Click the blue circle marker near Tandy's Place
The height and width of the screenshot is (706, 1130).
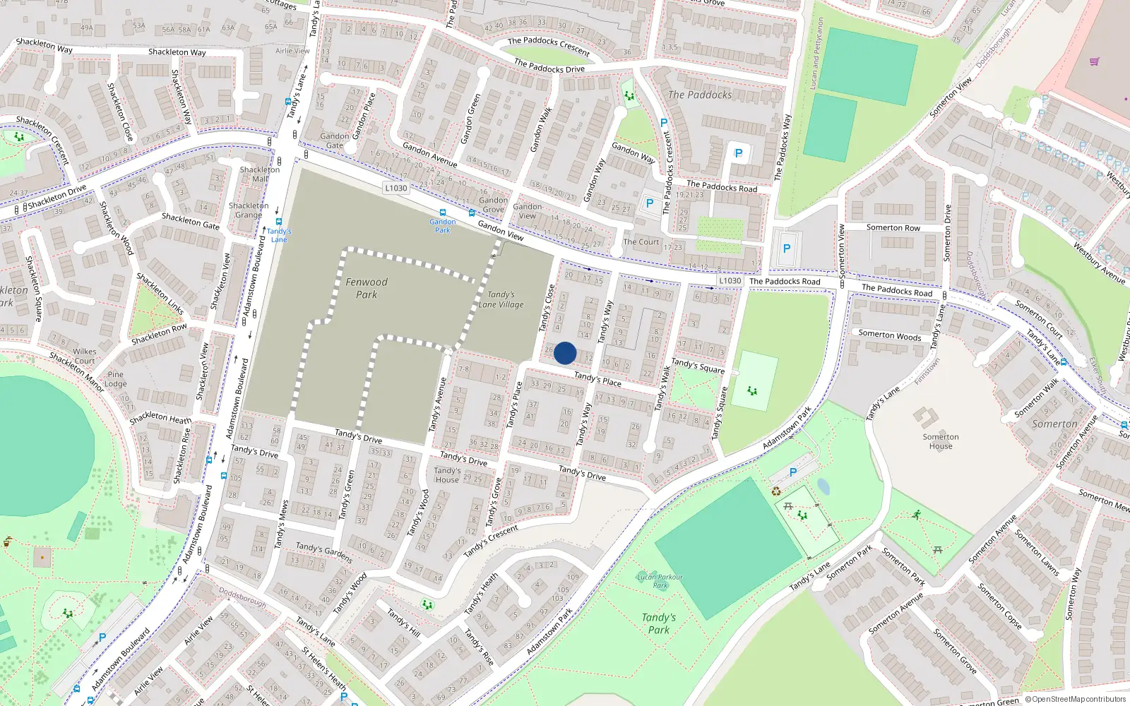[565, 353]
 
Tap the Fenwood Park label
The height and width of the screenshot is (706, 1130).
[367, 288]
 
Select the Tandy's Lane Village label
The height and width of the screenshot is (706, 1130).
[501, 299]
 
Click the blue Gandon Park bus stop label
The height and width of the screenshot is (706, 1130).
[443, 226]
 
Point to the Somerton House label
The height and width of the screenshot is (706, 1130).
[941, 441]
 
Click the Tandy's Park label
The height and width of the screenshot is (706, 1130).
[659, 623]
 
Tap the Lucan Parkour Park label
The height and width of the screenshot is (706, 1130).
[660, 581]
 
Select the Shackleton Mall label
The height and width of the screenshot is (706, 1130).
[260, 174]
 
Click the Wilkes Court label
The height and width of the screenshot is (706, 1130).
[85, 356]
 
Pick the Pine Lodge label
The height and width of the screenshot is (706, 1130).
[116, 379]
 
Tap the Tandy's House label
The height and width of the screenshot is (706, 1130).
[447, 475]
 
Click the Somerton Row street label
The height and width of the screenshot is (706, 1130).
[893, 227]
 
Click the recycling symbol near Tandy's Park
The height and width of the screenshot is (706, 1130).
[776, 491]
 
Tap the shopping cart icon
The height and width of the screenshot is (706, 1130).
[1094, 61]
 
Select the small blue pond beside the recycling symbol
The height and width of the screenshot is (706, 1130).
[823, 486]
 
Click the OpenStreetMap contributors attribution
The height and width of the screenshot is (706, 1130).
[1076, 700]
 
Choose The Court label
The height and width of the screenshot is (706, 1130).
[641, 242]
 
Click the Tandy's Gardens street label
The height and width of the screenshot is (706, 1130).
[324, 552]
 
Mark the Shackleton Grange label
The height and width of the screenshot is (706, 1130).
[249, 210]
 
